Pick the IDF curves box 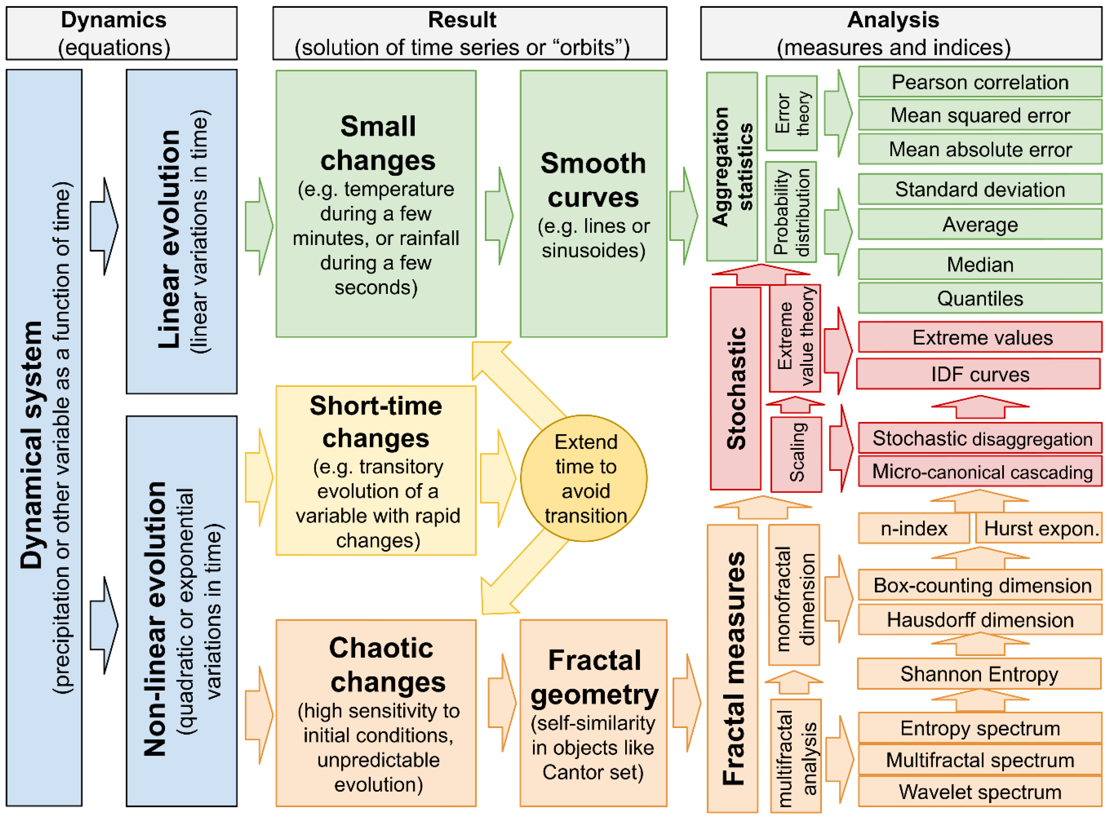[979, 374]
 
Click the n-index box [914, 528]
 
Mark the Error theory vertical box [792, 113]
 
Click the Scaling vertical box [796, 455]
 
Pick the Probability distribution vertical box [791, 212]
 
